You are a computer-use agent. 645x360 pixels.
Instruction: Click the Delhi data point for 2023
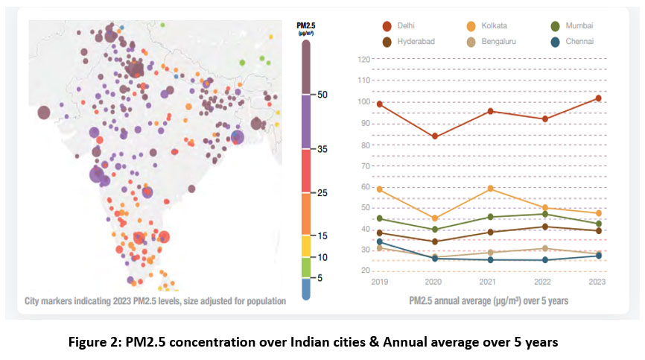pos(598,98)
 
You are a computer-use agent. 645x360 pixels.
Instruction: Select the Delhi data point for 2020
pos(435,136)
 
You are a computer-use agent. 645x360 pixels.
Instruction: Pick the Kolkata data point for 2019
pos(380,189)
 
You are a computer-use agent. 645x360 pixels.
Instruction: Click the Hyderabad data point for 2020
pos(435,241)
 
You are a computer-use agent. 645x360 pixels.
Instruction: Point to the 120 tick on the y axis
pos(363,59)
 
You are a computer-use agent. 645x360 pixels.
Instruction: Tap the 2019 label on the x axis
pos(380,282)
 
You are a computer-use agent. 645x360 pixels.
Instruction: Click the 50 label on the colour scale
pos(322,95)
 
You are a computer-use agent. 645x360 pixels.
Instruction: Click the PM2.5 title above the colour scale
pos(305,26)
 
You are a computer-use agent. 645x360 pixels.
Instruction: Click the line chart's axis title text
pos(489,302)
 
